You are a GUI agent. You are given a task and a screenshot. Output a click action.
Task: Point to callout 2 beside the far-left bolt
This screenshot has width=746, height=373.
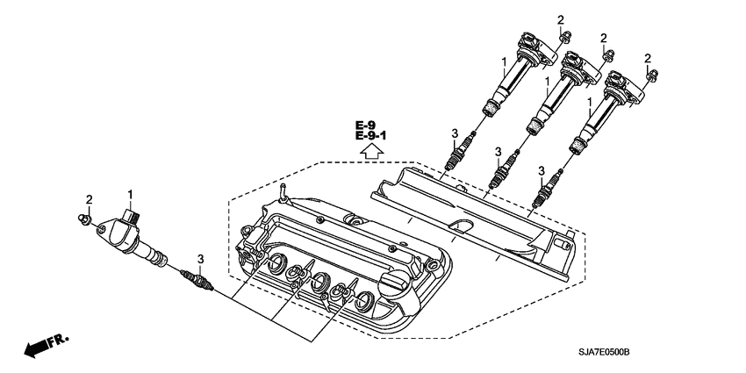pyautogui.click(x=89, y=199)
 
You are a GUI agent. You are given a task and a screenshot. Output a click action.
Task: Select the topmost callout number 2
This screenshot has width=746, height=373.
pyautogui.click(x=561, y=18)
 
